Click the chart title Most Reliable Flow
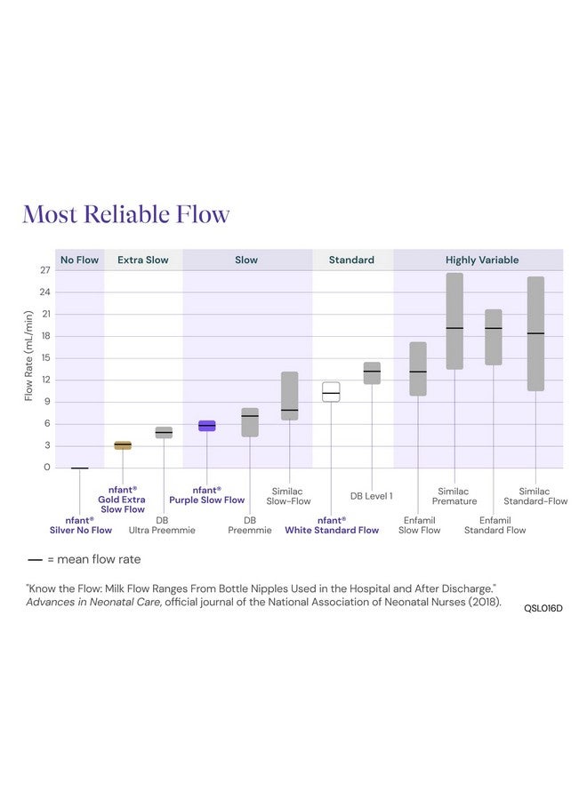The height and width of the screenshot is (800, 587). (125, 214)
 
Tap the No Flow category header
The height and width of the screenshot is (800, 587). (79, 260)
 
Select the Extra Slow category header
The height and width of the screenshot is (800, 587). (143, 260)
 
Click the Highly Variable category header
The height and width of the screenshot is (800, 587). (482, 260)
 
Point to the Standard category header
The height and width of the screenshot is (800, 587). (351, 260)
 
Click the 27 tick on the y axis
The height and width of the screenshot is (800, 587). (45, 270)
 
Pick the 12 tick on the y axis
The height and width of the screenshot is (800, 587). (45, 380)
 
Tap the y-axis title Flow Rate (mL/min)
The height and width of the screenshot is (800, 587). (28, 356)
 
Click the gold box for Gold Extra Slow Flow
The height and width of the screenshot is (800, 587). (123, 445)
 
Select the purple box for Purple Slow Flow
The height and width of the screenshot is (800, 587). (206, 426)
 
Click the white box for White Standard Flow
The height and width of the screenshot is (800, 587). (331, 392)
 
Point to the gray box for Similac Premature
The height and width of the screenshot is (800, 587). (454, 321)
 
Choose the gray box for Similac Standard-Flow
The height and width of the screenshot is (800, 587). (535, 333)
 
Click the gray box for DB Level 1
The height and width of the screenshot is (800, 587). (372, 372)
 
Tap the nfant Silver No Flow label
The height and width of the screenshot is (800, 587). (81, 525)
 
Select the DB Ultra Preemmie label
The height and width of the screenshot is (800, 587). (162, 525)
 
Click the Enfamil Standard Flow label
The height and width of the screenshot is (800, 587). (495, 525)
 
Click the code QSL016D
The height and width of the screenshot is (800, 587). (543, 608)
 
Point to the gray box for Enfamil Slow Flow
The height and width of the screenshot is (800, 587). (418, 369)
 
